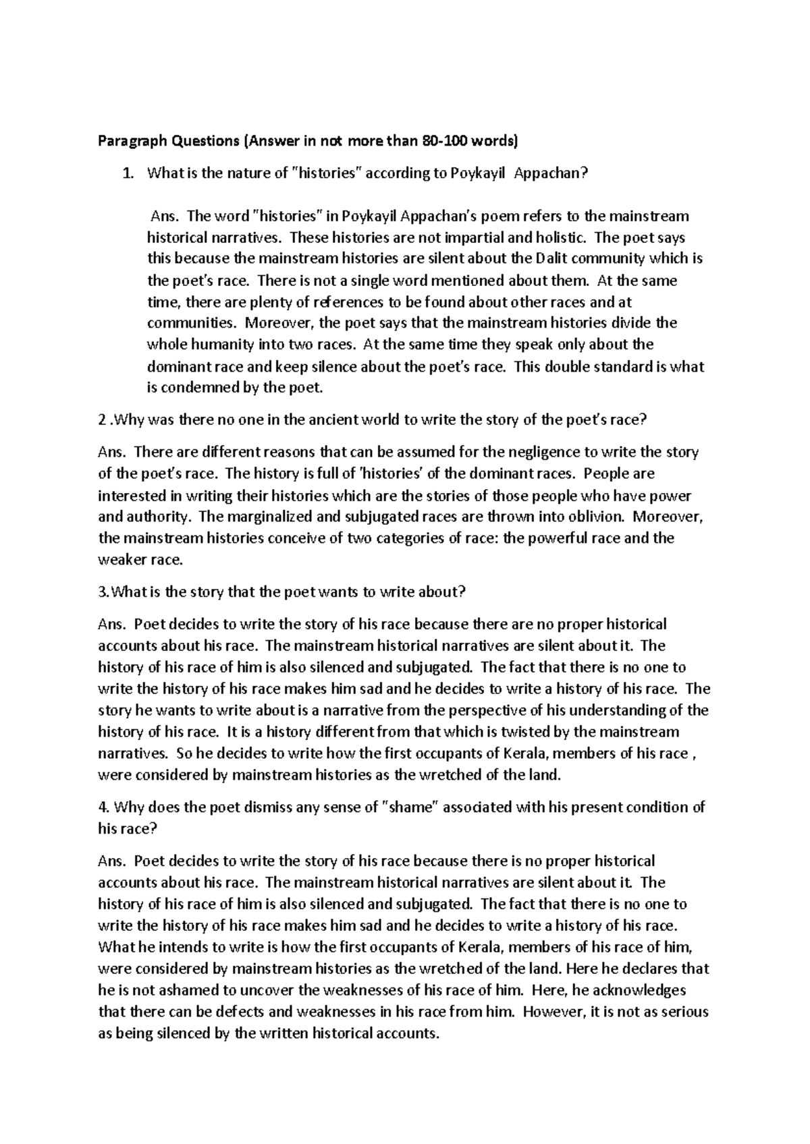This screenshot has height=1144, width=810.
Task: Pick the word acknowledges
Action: tap(635, 990)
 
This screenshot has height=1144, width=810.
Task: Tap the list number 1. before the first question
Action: tap(127, 174)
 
